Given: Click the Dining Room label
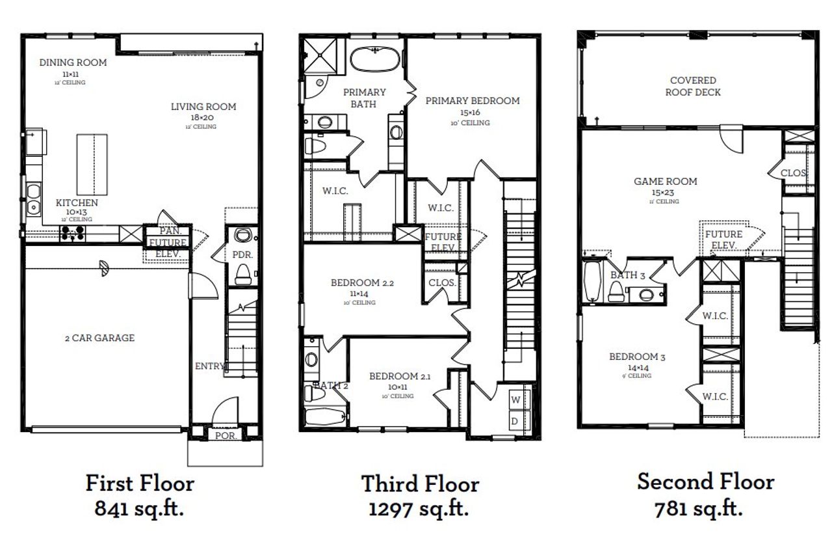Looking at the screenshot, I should [x=73, y=63].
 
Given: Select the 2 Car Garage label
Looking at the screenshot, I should [x=99, y=338].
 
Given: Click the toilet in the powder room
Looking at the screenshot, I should [x=243, y=274].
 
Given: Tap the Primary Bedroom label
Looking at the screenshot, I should [x=472, y=101].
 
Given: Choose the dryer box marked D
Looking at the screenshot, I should [x=514, y=420].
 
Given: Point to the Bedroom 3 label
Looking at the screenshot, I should [x=637, y=357].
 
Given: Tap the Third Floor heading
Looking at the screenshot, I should [x=420, y=484].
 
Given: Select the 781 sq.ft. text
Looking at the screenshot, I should [x=699, y=508].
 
